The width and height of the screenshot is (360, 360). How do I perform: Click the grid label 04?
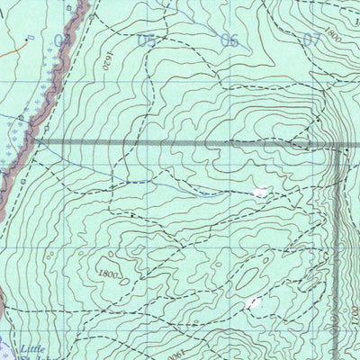pos(63,40)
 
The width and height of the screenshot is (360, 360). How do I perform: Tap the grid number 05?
pos(146,40)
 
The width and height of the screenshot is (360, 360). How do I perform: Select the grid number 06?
pos(229,40)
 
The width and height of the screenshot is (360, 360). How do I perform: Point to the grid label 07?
pos(312,40)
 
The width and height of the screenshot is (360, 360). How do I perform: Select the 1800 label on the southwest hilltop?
pos(110,274)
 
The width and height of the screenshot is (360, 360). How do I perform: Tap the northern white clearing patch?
pos(261,191)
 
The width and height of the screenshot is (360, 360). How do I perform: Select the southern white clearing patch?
pos(254,302)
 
